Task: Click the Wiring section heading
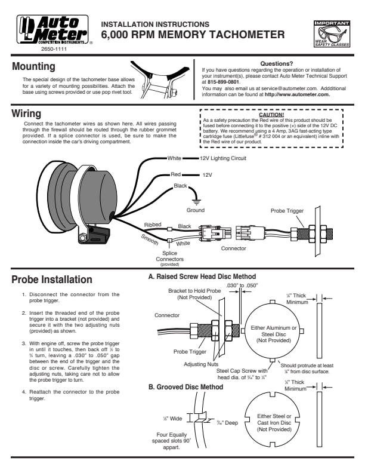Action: (27, 113)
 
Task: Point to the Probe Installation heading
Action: (52, 279)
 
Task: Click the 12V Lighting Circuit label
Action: (224, 159)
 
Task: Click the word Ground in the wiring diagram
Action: (195, 211)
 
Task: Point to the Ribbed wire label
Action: (153, 225)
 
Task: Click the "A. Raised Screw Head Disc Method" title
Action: (202, 277)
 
